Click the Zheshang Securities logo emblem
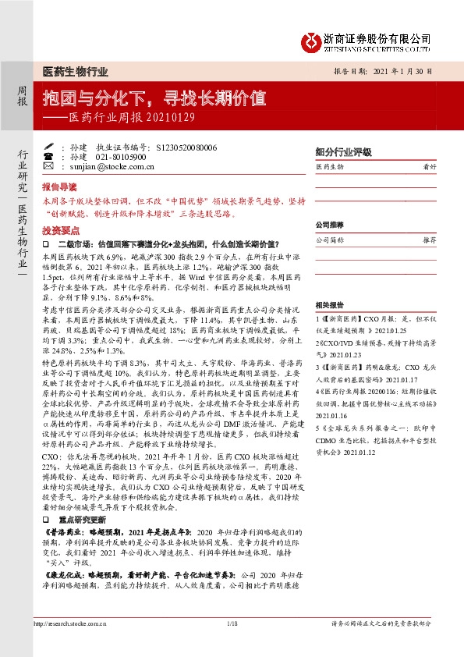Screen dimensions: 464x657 [x=312, y=39]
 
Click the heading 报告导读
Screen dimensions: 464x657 [x=59, y=188]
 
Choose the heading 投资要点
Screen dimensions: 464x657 [x=59, y=230]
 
